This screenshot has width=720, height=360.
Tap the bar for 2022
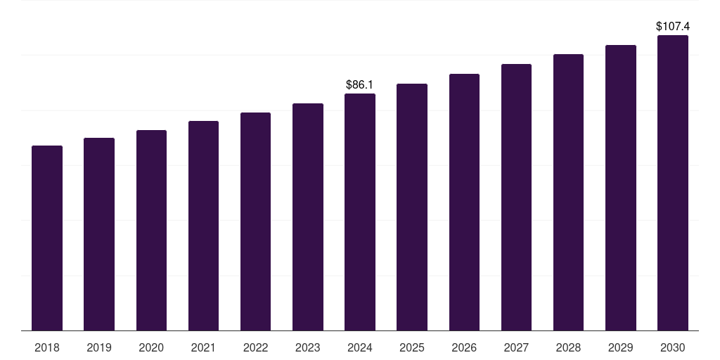255,221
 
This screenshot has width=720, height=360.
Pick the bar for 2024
360,212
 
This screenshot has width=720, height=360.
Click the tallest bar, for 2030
673,183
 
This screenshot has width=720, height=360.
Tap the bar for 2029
621,188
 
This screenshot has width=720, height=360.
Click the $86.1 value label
360,85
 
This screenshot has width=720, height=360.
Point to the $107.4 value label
673,26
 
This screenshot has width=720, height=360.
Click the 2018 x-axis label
47,347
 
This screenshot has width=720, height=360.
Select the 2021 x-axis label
203,347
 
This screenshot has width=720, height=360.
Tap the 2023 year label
308,347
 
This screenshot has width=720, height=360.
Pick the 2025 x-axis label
412,347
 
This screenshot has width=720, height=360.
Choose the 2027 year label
516,347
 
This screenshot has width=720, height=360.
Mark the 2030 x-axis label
673,347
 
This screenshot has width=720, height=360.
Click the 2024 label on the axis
360,347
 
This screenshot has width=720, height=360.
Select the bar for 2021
203,226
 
